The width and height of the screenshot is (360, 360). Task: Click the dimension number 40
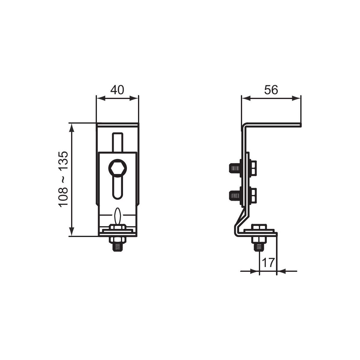(117, 90)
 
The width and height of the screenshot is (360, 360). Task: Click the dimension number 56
(271, 90)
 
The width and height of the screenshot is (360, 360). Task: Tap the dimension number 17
(268, 263)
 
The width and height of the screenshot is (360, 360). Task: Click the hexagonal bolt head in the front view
(118, 168)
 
